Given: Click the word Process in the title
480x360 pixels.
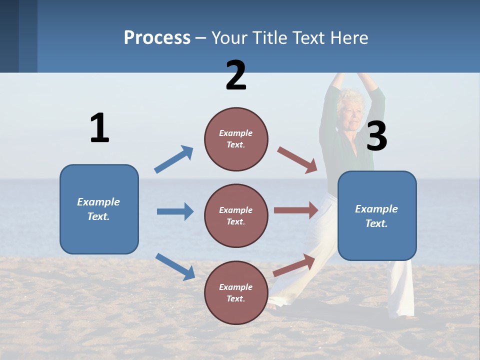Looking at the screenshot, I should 157,38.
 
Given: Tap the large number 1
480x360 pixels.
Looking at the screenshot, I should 99,128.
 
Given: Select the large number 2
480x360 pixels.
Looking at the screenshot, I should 236,75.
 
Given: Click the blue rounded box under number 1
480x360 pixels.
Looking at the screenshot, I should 99,209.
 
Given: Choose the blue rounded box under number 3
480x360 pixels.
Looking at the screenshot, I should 377,215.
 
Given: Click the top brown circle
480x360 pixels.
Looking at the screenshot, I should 236,139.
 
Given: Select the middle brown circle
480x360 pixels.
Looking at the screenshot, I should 236,215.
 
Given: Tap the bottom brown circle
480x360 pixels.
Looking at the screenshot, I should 236,292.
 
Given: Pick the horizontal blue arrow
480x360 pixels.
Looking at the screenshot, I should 175,211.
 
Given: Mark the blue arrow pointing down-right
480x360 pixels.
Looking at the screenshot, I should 175,266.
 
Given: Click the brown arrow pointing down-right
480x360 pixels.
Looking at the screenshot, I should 297,160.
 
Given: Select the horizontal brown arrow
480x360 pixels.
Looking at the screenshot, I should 296,210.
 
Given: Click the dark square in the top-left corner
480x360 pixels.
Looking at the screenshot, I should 9,36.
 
